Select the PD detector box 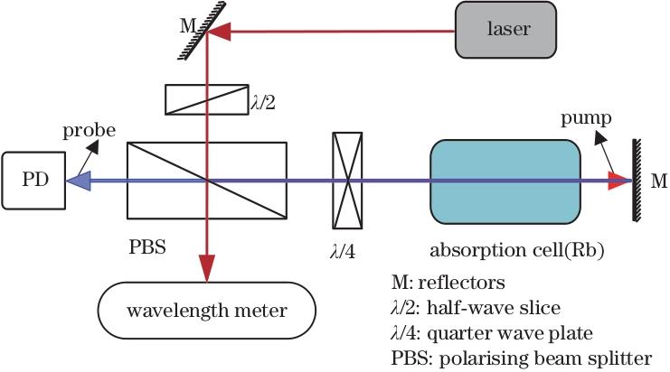[33, 181]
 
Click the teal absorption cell [505, 181]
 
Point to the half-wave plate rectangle [206, 99]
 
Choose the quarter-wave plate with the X [347, 181]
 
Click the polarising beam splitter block [207, 181]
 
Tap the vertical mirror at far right [637, 181]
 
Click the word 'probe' [89, 131]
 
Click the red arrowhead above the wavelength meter [208, 267]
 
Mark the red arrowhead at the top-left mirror [218, 33]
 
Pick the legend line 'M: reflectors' [443, 284]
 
